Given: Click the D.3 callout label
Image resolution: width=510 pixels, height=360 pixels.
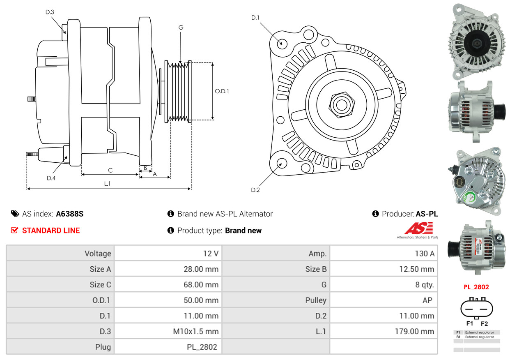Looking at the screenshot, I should (50, 12).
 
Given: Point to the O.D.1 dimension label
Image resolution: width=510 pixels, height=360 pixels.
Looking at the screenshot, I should (222, 91).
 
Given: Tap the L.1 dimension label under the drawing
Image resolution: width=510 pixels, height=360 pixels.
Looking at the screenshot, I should (107, 184).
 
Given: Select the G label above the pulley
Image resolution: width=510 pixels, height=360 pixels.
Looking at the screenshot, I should (181, 28).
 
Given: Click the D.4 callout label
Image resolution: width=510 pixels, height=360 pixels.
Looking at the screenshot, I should (51, 178).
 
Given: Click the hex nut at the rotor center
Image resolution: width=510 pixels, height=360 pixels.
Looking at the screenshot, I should (341, 104).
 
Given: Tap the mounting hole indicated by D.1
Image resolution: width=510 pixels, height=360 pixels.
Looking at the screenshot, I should (282, 43).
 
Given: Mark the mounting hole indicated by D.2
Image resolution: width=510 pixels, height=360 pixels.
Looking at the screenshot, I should (281, 164).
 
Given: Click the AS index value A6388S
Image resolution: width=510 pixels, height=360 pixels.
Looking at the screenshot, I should (70, 214).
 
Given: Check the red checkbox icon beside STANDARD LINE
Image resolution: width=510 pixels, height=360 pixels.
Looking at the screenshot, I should (15, 230).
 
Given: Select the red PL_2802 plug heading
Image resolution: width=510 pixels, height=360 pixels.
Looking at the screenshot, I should (476, 287).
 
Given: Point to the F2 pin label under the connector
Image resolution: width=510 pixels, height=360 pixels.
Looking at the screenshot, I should (484, 323).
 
